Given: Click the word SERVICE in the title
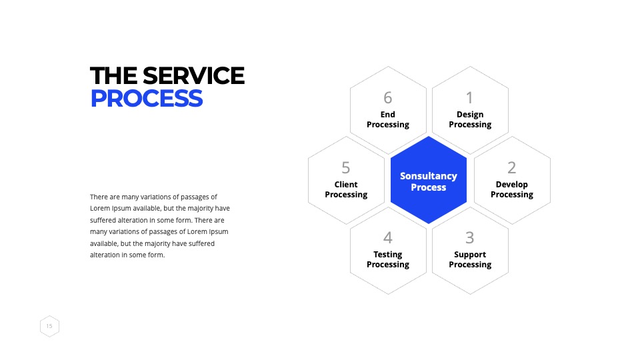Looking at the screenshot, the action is point(193,76).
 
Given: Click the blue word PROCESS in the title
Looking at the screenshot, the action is point(147,99).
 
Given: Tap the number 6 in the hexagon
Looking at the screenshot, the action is point(388,98).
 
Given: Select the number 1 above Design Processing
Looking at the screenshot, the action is point(470,98).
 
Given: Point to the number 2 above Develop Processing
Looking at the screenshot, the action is point(512,168).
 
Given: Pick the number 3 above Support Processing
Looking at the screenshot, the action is point(470,237).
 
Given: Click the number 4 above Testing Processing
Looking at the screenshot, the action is point(388,237).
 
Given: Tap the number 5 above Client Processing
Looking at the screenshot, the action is point(346,168).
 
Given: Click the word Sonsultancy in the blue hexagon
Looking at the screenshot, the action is point(429,176).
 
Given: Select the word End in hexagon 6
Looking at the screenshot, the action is point(388,115).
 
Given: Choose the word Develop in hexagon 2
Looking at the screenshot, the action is point(512,185).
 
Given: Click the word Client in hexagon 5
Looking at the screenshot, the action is point(346,185).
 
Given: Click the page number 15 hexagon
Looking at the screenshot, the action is point(49,326).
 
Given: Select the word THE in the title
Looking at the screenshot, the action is point(114,76).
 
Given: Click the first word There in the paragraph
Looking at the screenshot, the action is point(99,197).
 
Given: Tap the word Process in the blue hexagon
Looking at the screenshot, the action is point(429,187).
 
